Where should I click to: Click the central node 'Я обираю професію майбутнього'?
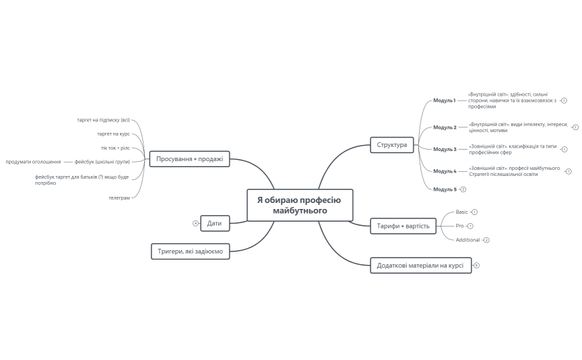(x=300, y=205)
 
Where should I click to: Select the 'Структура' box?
(x=392, y=145)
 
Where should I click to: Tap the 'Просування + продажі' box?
(x=189, y=159)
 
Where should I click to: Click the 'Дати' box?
(x=215, y=222)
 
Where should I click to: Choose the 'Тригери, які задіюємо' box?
(x=190, y=251)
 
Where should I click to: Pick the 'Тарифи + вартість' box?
(x=403, y=226)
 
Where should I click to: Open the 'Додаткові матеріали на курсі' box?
(x=419, y=266)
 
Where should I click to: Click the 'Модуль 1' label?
(x=445, y=100)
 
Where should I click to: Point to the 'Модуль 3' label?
(x=445, y=149)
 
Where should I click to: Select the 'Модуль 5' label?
(x=445, y=189)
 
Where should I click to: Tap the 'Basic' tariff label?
(x=461, y=212)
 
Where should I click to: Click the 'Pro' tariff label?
(x=459, y=226)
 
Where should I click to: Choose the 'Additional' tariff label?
(x=467, y=240)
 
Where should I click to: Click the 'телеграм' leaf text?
(x=119, y=198)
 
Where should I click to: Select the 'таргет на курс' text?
(x=113, y=133)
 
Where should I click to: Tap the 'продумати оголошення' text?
(x=33, y=162)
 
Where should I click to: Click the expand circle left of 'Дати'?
(x=195, y=222)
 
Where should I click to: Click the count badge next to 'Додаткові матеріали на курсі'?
(x=476, y=266)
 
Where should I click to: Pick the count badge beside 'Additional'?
(x=486, y=240)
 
